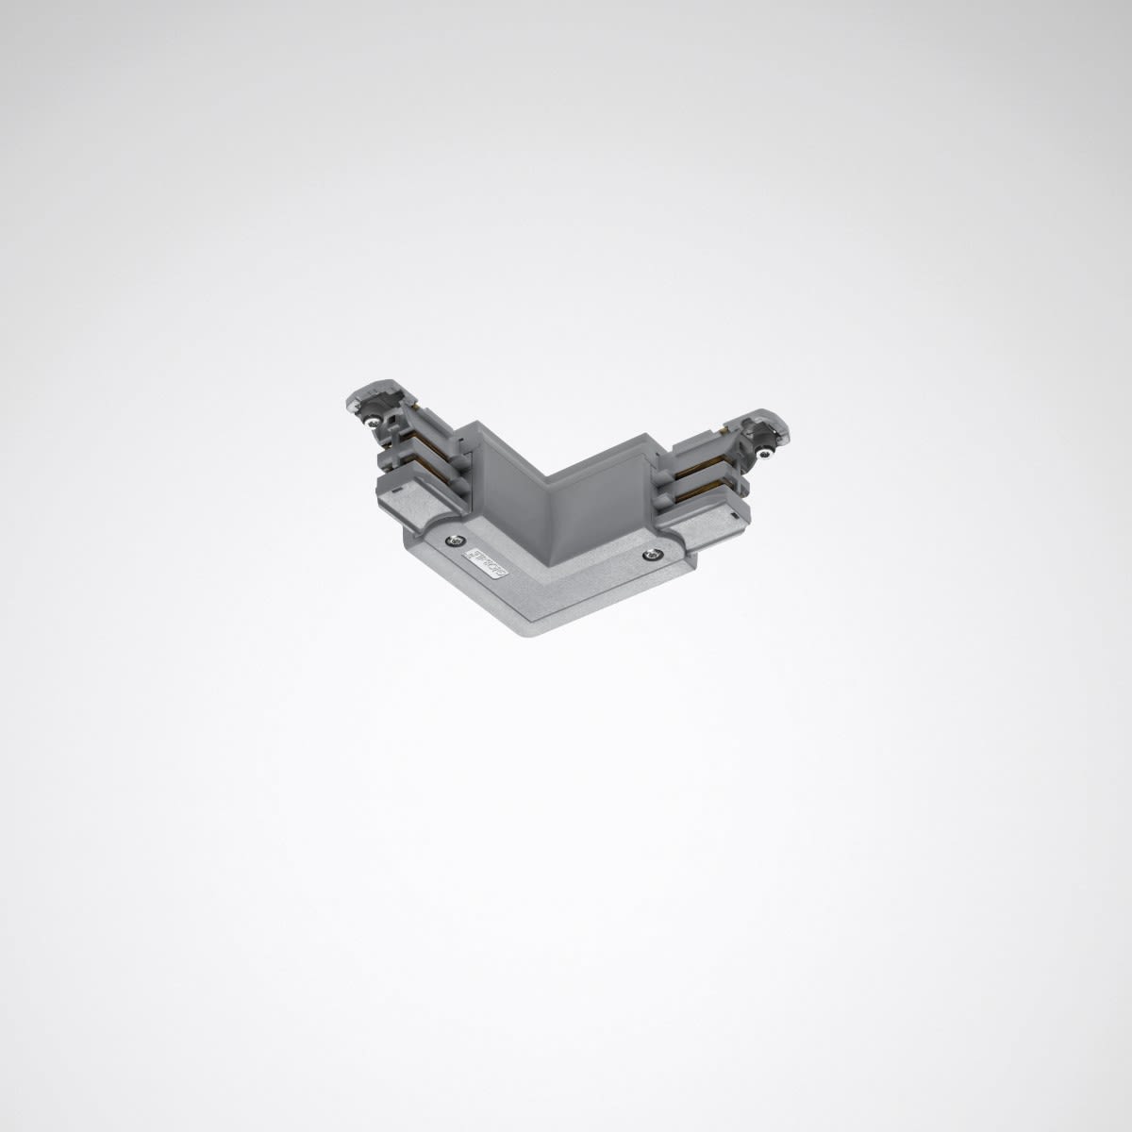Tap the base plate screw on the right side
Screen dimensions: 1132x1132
point(651,555)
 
